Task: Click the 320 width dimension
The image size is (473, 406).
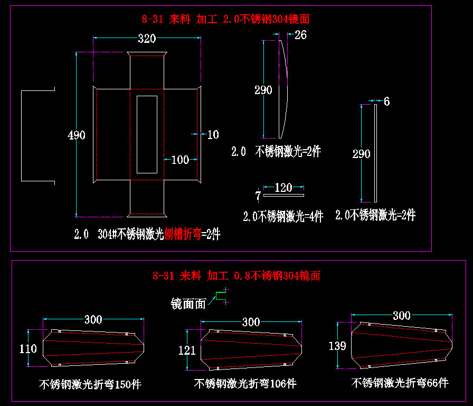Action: coord(147,39)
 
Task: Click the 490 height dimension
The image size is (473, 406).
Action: coord(77,135)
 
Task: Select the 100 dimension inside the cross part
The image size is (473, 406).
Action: coord(180,160)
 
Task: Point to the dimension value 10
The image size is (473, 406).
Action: coord(213,135)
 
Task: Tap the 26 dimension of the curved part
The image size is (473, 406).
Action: coord(300,35)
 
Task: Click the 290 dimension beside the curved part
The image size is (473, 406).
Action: coord(263,90)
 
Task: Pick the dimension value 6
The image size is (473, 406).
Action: coord(387,101)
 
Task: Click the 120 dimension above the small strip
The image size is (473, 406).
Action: coord(283,188)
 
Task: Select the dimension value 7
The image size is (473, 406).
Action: coord(258,196)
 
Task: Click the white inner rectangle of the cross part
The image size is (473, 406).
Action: coord(147,134)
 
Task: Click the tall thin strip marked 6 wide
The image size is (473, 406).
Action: coord(375,153)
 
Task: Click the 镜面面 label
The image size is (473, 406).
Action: coord(188,303)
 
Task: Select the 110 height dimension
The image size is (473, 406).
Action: coord(28,349)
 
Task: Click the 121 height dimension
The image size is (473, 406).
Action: coord(187,350)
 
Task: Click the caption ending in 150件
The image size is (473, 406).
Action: coord(90,384)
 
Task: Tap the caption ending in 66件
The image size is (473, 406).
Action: coord(400,382)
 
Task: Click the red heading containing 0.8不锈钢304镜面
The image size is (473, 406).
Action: coord(236,275)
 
